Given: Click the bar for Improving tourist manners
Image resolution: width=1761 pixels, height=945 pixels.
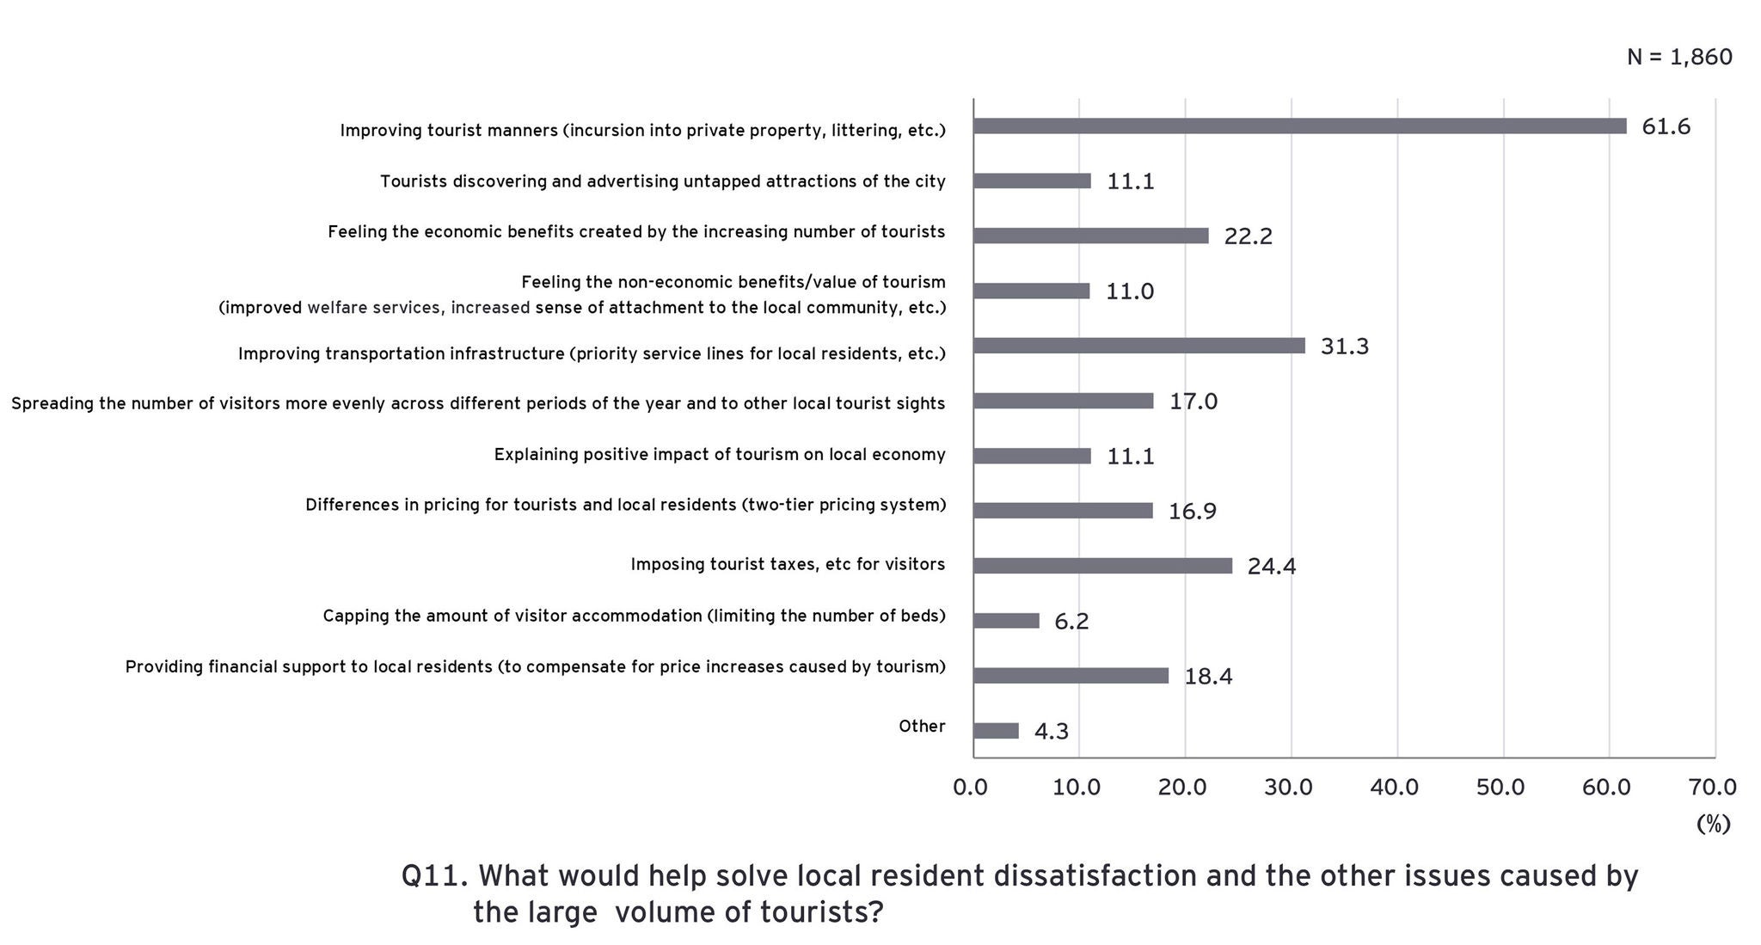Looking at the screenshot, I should pos(1299,126).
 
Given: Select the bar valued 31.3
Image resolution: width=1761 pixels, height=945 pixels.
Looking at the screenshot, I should pos(1138,346).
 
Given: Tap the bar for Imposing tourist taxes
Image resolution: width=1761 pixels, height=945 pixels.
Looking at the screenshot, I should pos(1102,566).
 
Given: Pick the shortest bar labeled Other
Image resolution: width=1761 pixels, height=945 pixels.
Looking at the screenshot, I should pos(996,731).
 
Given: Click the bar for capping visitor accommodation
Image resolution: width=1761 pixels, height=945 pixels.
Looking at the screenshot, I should pos(1006,621).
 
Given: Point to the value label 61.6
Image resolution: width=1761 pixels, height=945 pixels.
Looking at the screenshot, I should pos(1666,127).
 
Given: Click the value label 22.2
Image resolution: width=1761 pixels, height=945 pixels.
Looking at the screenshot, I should pos(1248,236).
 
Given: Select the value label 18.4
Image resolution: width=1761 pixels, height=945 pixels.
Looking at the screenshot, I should pos(1208,677).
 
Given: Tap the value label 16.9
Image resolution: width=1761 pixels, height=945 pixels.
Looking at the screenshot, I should pos(1192,512).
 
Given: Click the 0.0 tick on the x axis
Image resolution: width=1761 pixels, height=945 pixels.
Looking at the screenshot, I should pos(971,787).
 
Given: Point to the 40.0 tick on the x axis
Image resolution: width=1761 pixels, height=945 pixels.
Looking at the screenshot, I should pos(1394,787).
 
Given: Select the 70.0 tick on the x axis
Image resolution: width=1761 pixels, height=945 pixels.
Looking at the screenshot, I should pos(1712,787).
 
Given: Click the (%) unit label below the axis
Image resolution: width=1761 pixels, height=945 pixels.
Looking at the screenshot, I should pos(1713,824).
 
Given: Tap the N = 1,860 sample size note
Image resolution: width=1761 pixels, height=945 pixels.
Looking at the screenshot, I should pos(1678,58).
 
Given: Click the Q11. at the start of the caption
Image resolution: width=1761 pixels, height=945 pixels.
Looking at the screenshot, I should pos(434,876).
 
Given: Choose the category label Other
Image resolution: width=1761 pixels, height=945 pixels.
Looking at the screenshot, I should pos(922,727).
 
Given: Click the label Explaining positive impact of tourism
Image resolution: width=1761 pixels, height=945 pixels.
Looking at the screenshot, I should pos(720,455).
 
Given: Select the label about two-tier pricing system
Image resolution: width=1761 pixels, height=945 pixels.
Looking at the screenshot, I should pos(625,505).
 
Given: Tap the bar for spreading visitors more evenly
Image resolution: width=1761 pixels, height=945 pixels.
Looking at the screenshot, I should pos(1063,401).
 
